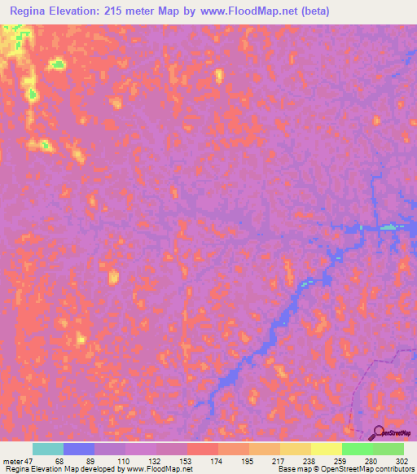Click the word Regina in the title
[x=32, y=11]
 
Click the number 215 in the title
[x=139, y=11]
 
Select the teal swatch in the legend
[x=48, y=449]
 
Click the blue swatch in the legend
[x=79, y=449]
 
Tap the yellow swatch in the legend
[x=327, y=449]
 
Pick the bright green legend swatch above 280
[x=358, y=449]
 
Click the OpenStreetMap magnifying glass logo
[x=378, y=432]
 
